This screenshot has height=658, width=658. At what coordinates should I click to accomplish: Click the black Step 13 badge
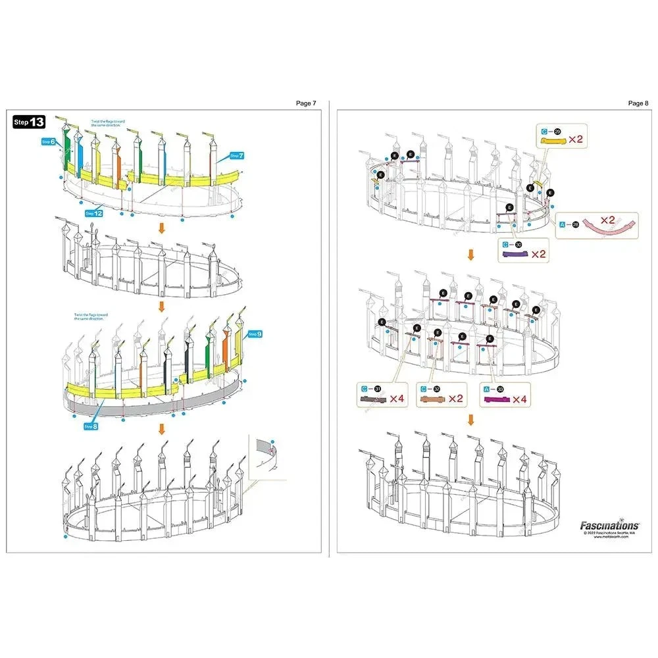coord(30,122)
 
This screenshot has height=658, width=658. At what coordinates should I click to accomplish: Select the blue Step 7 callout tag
coord(237,156)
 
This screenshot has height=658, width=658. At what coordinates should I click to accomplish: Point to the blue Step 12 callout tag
coord(94,213)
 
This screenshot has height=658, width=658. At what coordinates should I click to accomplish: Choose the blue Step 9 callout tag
coord(255,334)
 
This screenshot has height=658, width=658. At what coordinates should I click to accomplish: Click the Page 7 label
coord(306,103)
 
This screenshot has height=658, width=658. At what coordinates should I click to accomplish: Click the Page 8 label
coord(638,103)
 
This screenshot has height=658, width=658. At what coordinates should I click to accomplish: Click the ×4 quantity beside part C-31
coord(398,399)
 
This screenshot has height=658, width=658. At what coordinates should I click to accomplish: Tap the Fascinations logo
coord(609,525)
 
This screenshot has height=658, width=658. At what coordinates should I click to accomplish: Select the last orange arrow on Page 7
coord(160,429)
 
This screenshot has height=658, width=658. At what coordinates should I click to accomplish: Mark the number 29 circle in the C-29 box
coord(557,132)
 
